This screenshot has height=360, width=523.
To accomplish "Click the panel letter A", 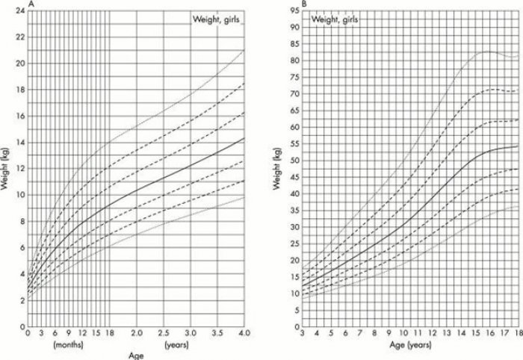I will click(30, 4).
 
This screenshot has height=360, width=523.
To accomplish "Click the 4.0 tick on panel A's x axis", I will click(244, 334).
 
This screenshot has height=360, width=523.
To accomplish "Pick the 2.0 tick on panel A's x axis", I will click(136, 334).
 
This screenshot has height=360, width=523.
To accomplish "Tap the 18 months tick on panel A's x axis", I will click(109, 334).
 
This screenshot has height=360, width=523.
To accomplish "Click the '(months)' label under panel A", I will click(66, 345).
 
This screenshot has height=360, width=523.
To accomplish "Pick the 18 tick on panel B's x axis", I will click(516, 335).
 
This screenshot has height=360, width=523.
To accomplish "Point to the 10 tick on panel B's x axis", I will click(402, 335).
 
